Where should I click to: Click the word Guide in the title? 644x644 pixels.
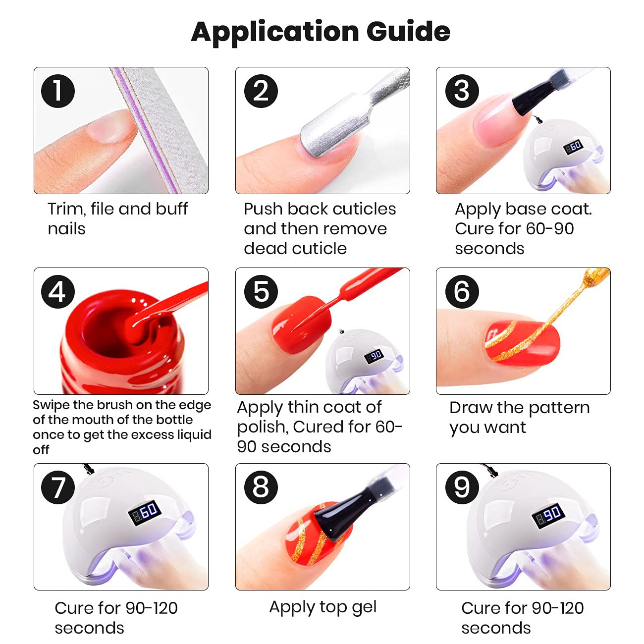(x=408, y=32)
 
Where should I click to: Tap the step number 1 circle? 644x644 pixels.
(x=58, y=91)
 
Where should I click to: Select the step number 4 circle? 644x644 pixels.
(x=58, y=291)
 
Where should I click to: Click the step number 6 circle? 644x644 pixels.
(x=462, y=291)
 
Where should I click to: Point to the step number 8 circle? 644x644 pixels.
(x=261, y=487)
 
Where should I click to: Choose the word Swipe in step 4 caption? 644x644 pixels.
(x=51, y=405)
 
